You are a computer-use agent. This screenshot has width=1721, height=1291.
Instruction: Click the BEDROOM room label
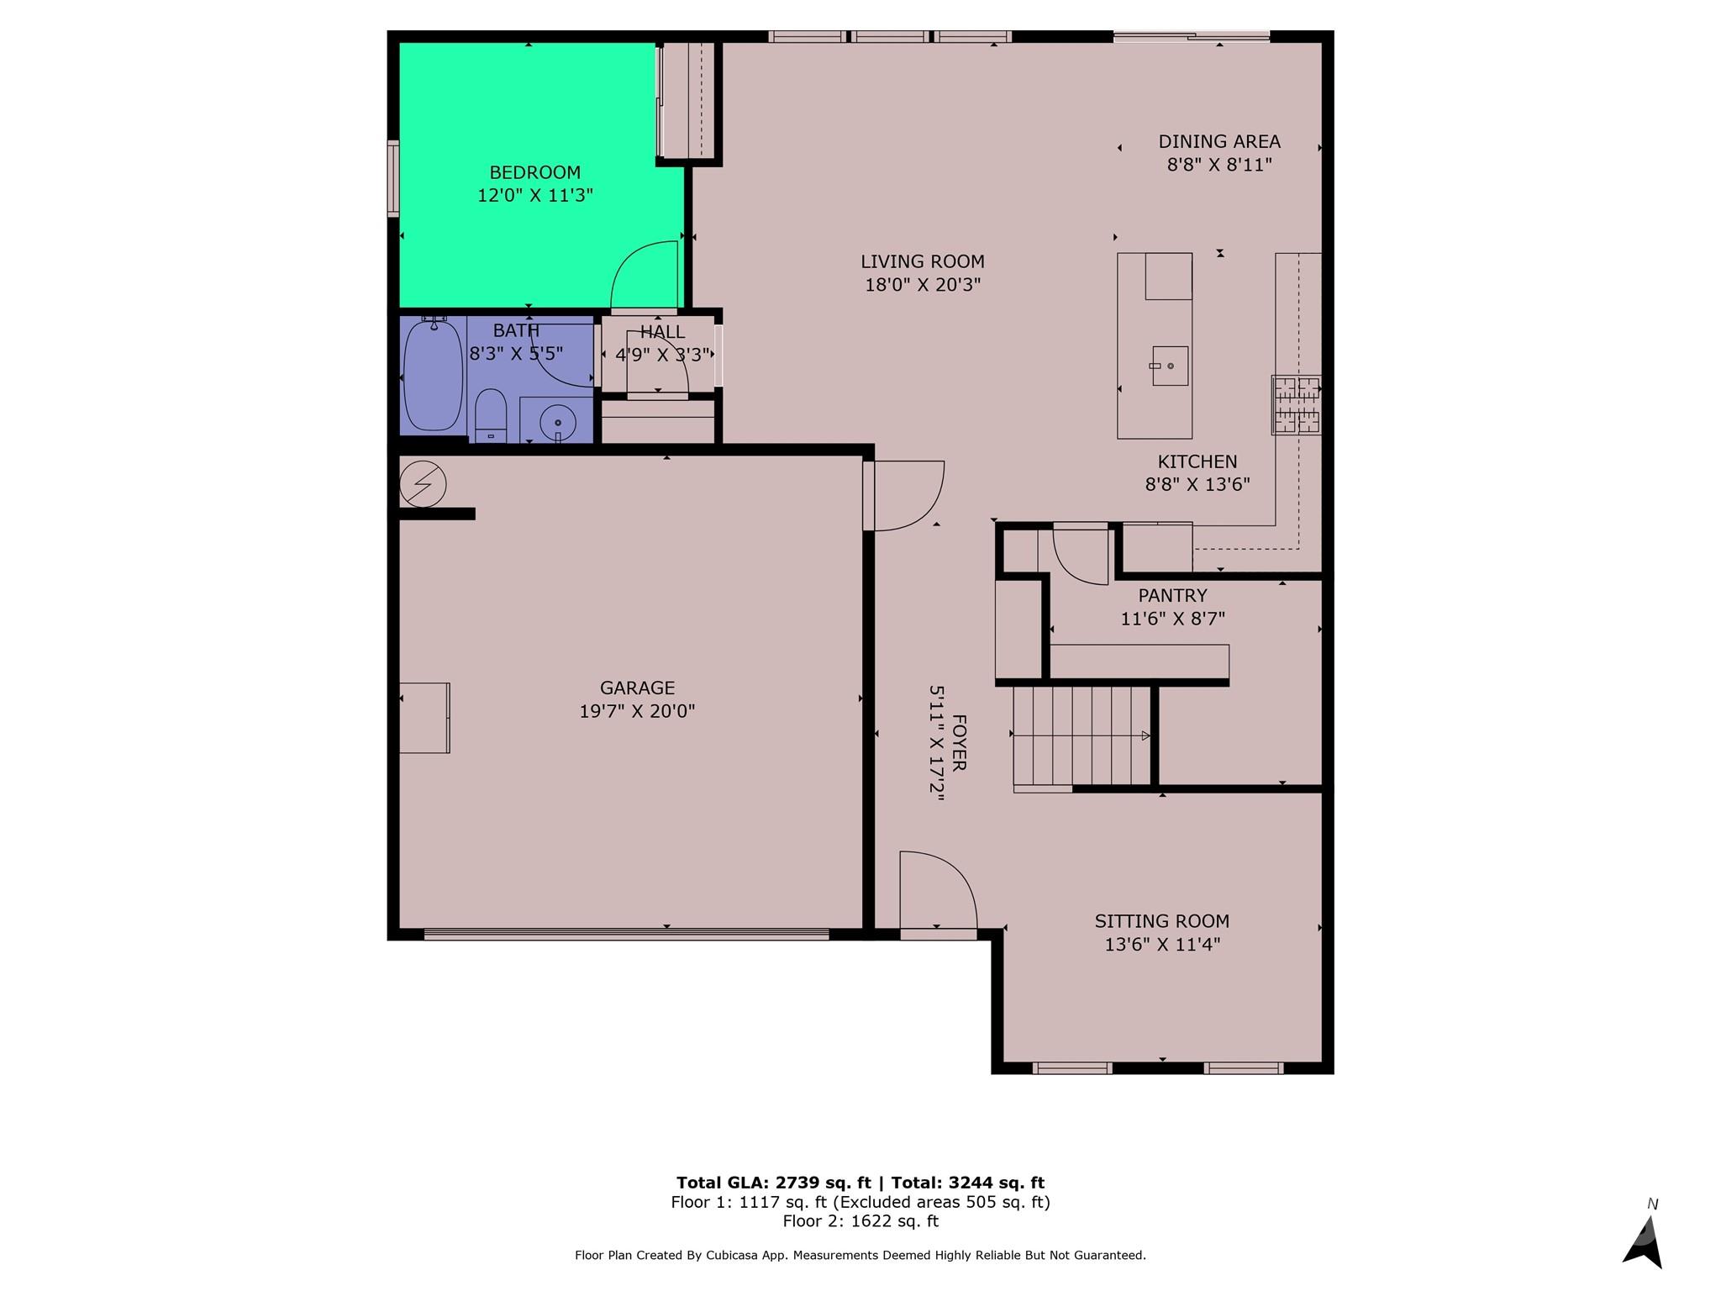tap(535, 172)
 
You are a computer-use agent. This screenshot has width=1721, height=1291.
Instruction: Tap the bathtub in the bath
tap(433, 375)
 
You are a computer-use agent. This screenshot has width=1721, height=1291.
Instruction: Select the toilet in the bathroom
tap(491, 414)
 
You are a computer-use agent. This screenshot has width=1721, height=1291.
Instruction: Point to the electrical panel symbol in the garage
tap(423, 483)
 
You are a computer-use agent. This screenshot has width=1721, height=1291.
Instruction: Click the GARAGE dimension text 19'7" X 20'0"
tap(637, 711)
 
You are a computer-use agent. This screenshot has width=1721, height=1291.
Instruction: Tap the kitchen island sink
tap(1170, 366)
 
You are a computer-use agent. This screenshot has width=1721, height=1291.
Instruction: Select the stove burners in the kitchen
tap(1296, 404)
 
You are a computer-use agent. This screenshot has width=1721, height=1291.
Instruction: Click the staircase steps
tap(1082, 736)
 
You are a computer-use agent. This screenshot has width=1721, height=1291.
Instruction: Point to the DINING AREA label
tap(1219, 142)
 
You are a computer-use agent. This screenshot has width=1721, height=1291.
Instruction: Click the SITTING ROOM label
tap(1161, 921)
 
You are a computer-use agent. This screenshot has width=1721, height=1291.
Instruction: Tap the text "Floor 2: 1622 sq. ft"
tap(860, 1221)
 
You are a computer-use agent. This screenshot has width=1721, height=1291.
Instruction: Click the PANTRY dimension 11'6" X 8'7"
tap(1172, 619)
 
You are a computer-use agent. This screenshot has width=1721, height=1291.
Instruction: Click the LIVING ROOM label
tap(923, 261)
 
